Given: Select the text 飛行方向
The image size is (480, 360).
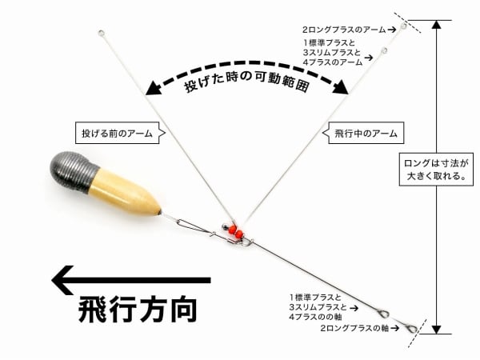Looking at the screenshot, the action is point(137,310).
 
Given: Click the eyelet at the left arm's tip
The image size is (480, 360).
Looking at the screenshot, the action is point(101,34).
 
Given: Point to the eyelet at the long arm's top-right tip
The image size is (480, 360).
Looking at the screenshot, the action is point(404,26).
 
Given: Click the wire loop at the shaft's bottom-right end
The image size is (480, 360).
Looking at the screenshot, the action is point(411,327).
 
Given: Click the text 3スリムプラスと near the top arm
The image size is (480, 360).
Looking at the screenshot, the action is point(331,53).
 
